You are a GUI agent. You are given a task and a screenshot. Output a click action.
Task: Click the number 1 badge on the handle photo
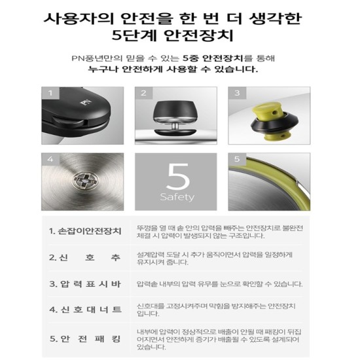(x=50, y=93)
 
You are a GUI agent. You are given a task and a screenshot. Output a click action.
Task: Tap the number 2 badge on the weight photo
(x=144, y=93)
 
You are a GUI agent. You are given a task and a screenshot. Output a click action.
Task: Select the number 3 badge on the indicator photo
(x=237, y=93)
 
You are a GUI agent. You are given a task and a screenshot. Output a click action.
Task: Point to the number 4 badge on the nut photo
(x=50, y=159)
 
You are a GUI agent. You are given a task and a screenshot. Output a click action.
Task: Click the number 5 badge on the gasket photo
(x=237, y=159)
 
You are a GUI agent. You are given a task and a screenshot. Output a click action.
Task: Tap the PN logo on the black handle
(x=86, y=102)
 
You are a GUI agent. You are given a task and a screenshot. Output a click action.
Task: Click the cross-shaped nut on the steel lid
(x=86, y=181)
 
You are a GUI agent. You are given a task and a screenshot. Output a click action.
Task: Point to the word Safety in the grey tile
(x=177, y=197)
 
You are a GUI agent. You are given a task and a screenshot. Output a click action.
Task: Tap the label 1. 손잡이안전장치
(x=85, y=231)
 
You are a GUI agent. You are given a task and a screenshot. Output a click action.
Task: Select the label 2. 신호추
(x=85, y=257)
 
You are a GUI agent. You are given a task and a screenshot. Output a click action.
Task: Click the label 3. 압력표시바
(x=85, y=284)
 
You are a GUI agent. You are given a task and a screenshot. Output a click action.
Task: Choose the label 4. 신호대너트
(x=85, y=310)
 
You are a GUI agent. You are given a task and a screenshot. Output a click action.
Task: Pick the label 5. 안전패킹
(x=85, y=338)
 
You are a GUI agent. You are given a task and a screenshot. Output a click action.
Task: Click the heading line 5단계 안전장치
(x=173, y=35)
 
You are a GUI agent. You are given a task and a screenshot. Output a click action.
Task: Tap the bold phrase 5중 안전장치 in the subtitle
(x=213, y=58)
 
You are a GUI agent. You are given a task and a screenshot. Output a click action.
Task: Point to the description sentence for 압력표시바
(x=220, y=284)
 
